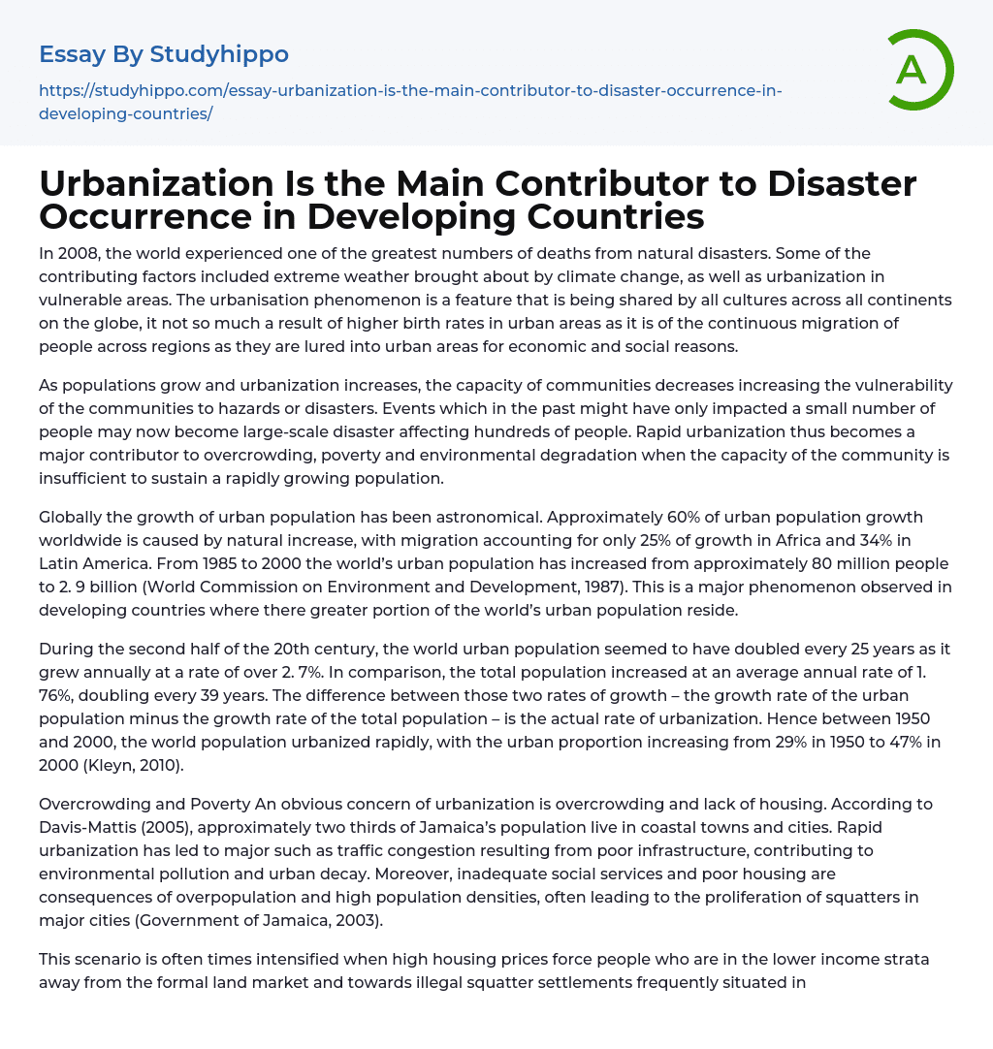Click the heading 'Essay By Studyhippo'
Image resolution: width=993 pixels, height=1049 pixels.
click(163, 54)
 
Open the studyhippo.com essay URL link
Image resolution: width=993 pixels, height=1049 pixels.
click(409, 102)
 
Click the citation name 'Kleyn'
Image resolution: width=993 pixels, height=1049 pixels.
click(129, 765)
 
